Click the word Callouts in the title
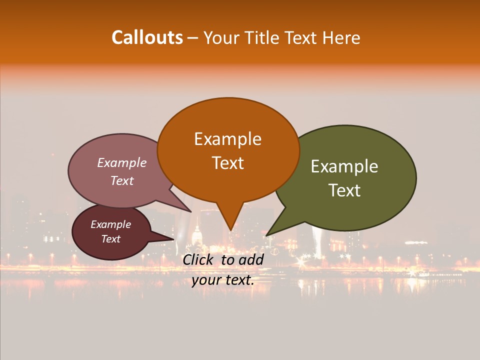tap(147, 37)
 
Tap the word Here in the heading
tap(341, 37)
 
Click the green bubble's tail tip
tap(266, 235)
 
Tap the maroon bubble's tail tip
tap(173, 239)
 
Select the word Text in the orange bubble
tap(227, 163)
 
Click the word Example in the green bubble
tap(344, 166)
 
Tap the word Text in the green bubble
tap(344, 190)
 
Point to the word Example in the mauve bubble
tap(122, 162)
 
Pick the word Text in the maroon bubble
tap(111, 239)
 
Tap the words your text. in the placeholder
tap(222, 280)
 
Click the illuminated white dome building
tap(196, 236)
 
